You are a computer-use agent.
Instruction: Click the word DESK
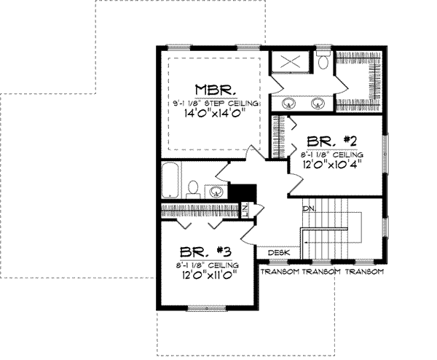(x=279, y=253)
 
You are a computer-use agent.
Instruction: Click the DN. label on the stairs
(x=309, y=208)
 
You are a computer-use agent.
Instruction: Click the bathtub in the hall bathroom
(x=170, y=182)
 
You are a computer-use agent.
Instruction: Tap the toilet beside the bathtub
(x=193, y=189)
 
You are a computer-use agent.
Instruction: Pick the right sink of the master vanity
(x=318, y=102)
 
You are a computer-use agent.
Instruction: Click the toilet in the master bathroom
(x=323, y=61)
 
